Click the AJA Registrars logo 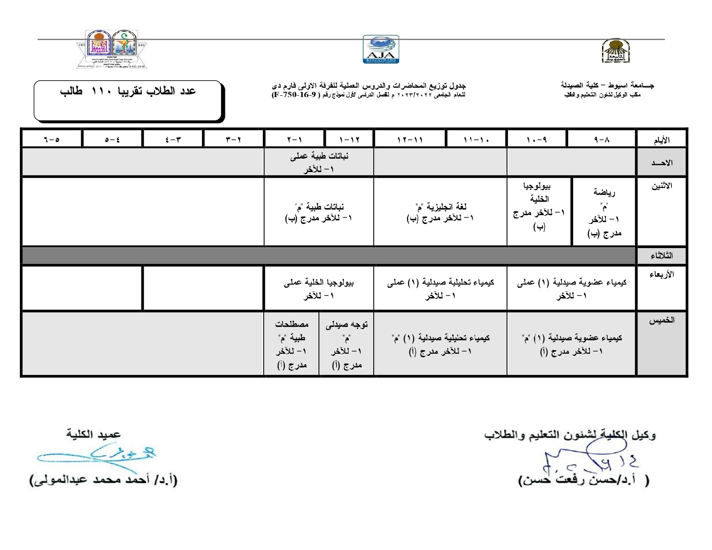point(381,50)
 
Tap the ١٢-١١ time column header point(410,140)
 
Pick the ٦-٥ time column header point(51,140)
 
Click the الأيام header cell point(662,140)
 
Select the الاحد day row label point(662,163)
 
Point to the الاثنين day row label point(662,186)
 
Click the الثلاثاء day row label point(662,256)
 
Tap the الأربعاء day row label point(662,275)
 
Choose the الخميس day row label point(662,321)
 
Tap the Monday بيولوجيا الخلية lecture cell point(539,207)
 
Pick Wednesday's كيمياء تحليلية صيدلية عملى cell point(440,289)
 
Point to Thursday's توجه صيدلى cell point(347,345)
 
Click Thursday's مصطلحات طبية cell point(292,345)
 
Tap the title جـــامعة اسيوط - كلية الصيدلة point(607,85)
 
